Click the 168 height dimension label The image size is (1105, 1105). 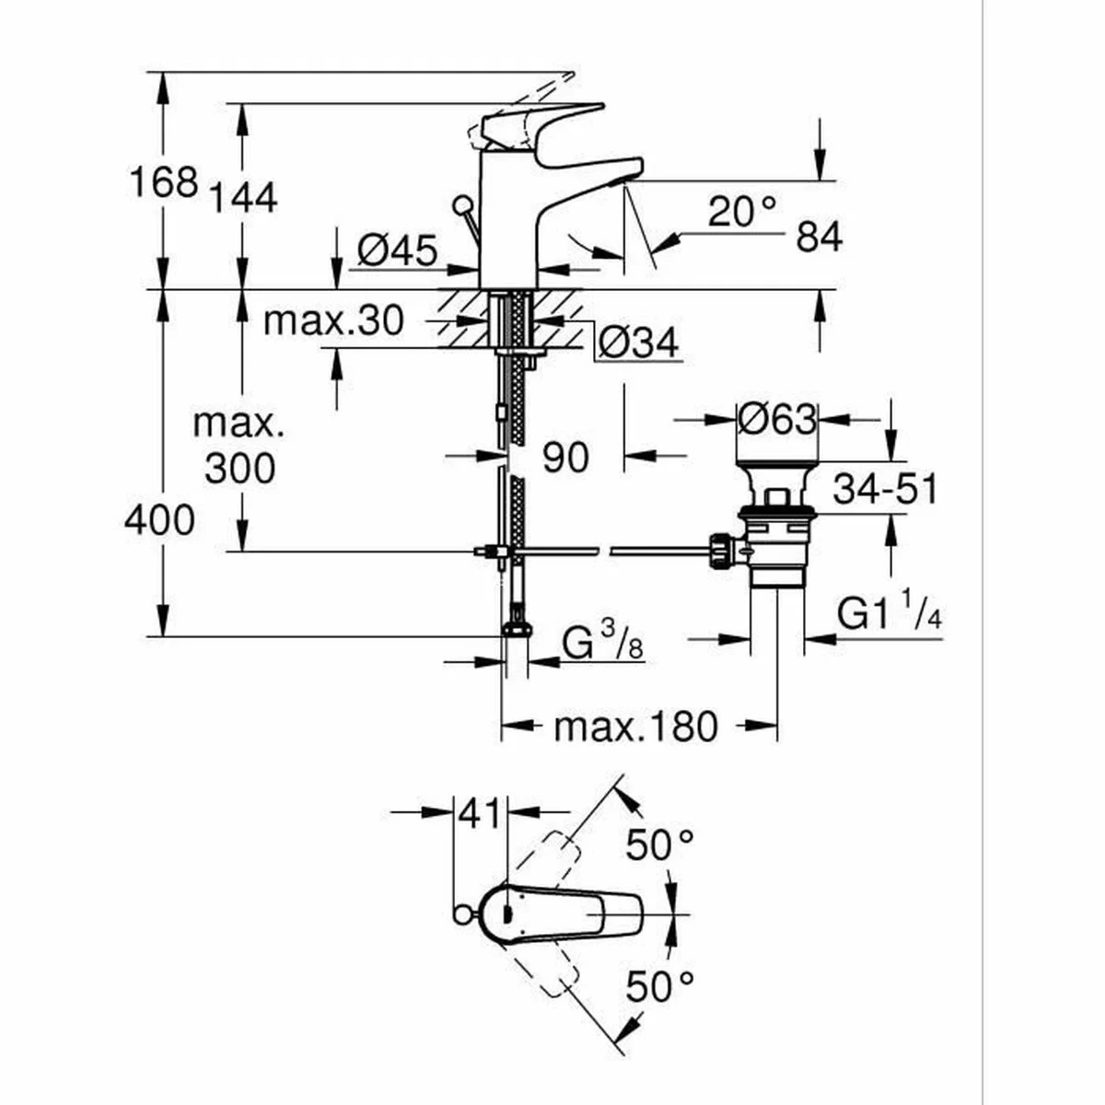pos(163,181)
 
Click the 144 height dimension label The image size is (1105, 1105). pos(242,197)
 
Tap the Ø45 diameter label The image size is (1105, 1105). pos(397,250)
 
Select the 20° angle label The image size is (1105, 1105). pos(742,213)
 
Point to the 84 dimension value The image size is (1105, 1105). pos(819,238)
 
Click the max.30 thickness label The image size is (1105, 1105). pos(332,321)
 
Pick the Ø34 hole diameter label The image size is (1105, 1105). pos(638,343)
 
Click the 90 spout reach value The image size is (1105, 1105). pos(564,457)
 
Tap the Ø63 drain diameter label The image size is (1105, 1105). pos(776,421)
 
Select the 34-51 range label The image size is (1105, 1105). pos(885,489)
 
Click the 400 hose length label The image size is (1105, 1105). pos(160,521)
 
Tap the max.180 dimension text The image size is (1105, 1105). pos(635,727)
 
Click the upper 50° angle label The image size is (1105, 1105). pos(659,843)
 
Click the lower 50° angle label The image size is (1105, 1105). pos(659,986)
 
